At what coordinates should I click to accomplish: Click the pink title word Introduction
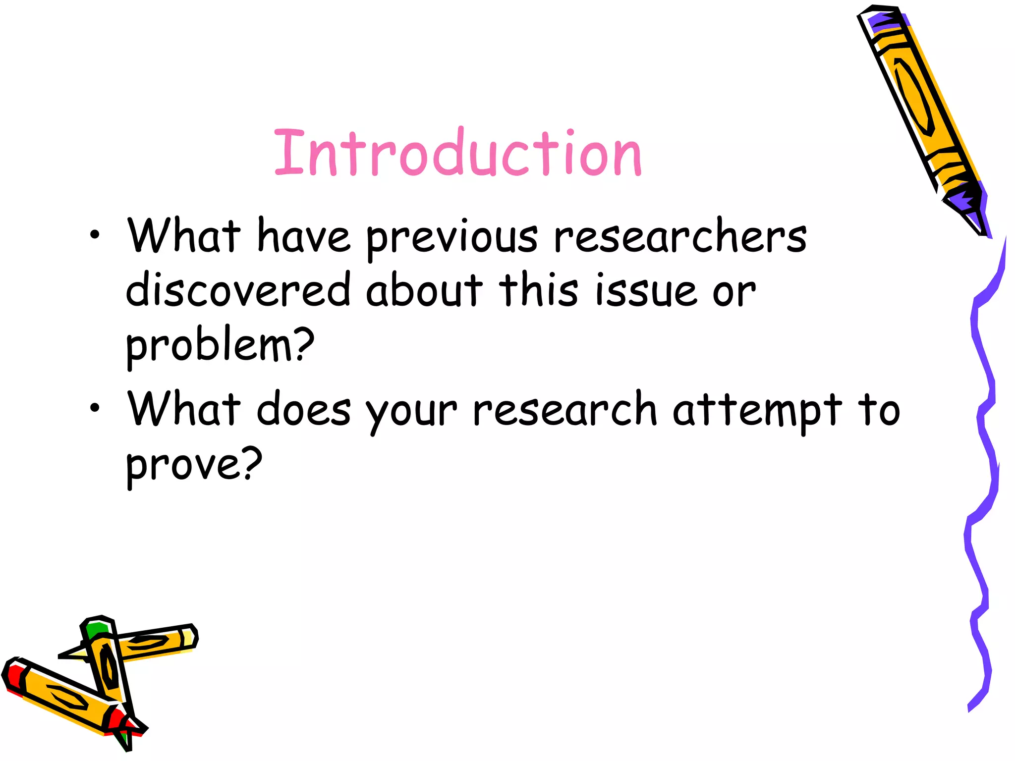[458, 153]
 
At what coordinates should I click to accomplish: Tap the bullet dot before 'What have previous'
[95, 235]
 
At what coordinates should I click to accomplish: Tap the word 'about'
[424, 289]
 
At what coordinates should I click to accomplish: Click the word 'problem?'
[220, 346]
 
